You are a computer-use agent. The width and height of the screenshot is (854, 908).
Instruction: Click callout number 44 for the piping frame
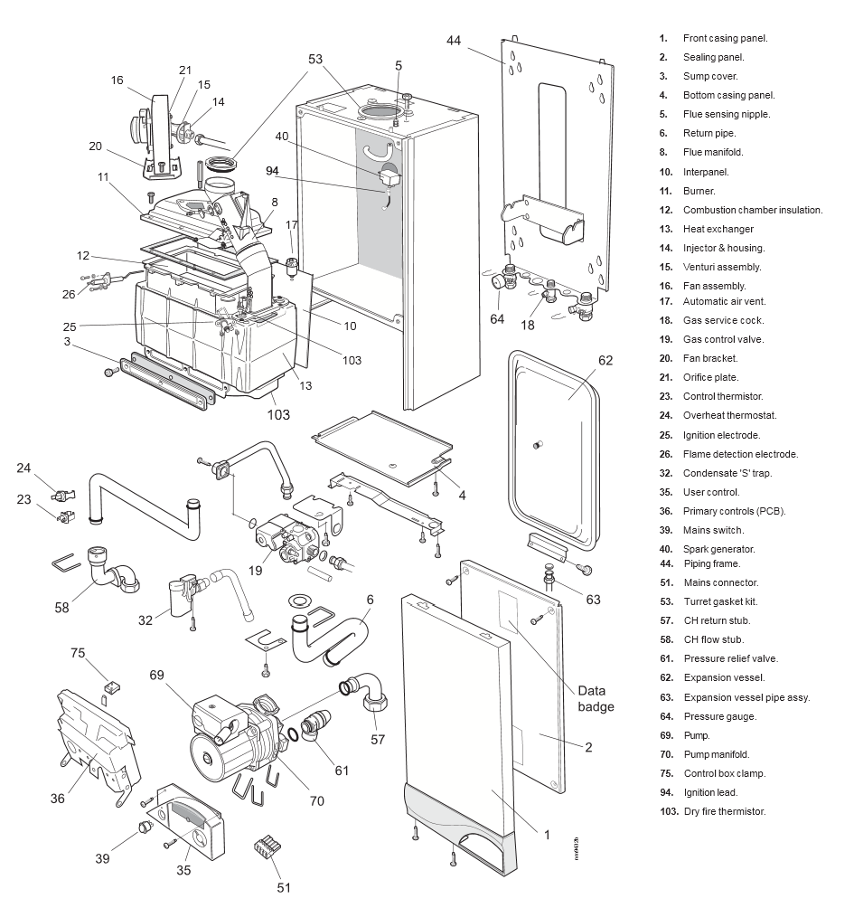coord(453,40)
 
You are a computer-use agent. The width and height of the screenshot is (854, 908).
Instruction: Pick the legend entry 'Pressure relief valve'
coord(730,658)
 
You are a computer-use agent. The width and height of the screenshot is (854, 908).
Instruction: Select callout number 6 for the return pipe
coord(370,599)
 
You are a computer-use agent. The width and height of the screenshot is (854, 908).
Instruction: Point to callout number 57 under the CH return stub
coord(378,739)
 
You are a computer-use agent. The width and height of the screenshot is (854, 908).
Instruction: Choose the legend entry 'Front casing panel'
coord(725,39)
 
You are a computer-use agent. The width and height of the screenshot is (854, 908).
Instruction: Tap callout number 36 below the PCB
coord(57,798)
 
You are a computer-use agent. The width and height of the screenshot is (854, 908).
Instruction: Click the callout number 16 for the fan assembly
coord(117,80)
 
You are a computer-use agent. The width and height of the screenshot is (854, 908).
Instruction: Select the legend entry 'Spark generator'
coord(720,549)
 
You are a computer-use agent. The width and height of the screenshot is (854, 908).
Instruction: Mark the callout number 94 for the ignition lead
coord(272,171)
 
